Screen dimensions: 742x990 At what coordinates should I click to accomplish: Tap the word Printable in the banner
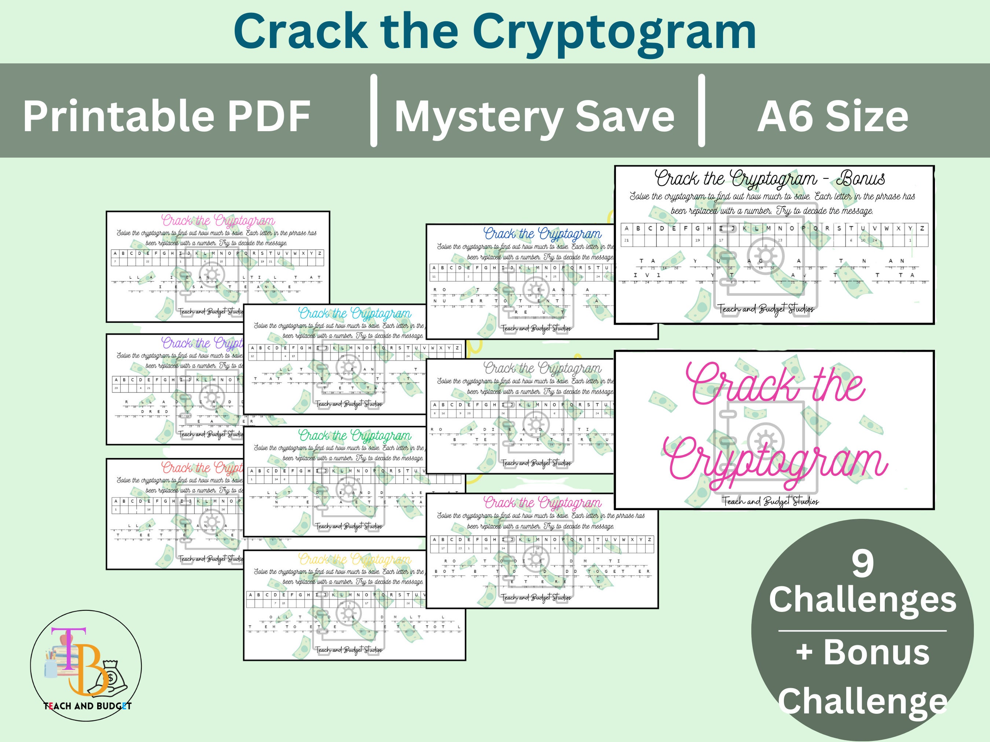click(118, 116)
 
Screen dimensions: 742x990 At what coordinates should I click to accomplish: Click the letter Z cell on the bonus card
click(922, 229)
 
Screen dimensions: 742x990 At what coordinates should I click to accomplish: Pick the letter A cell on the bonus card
click(627, 229)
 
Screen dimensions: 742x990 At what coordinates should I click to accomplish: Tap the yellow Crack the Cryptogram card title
click(355, 560)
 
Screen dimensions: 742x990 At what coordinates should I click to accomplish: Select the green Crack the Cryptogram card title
click(355, 436)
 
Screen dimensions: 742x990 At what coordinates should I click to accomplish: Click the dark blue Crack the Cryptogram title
click(542, 234)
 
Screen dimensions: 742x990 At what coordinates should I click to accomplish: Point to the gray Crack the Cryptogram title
click(542, 369)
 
